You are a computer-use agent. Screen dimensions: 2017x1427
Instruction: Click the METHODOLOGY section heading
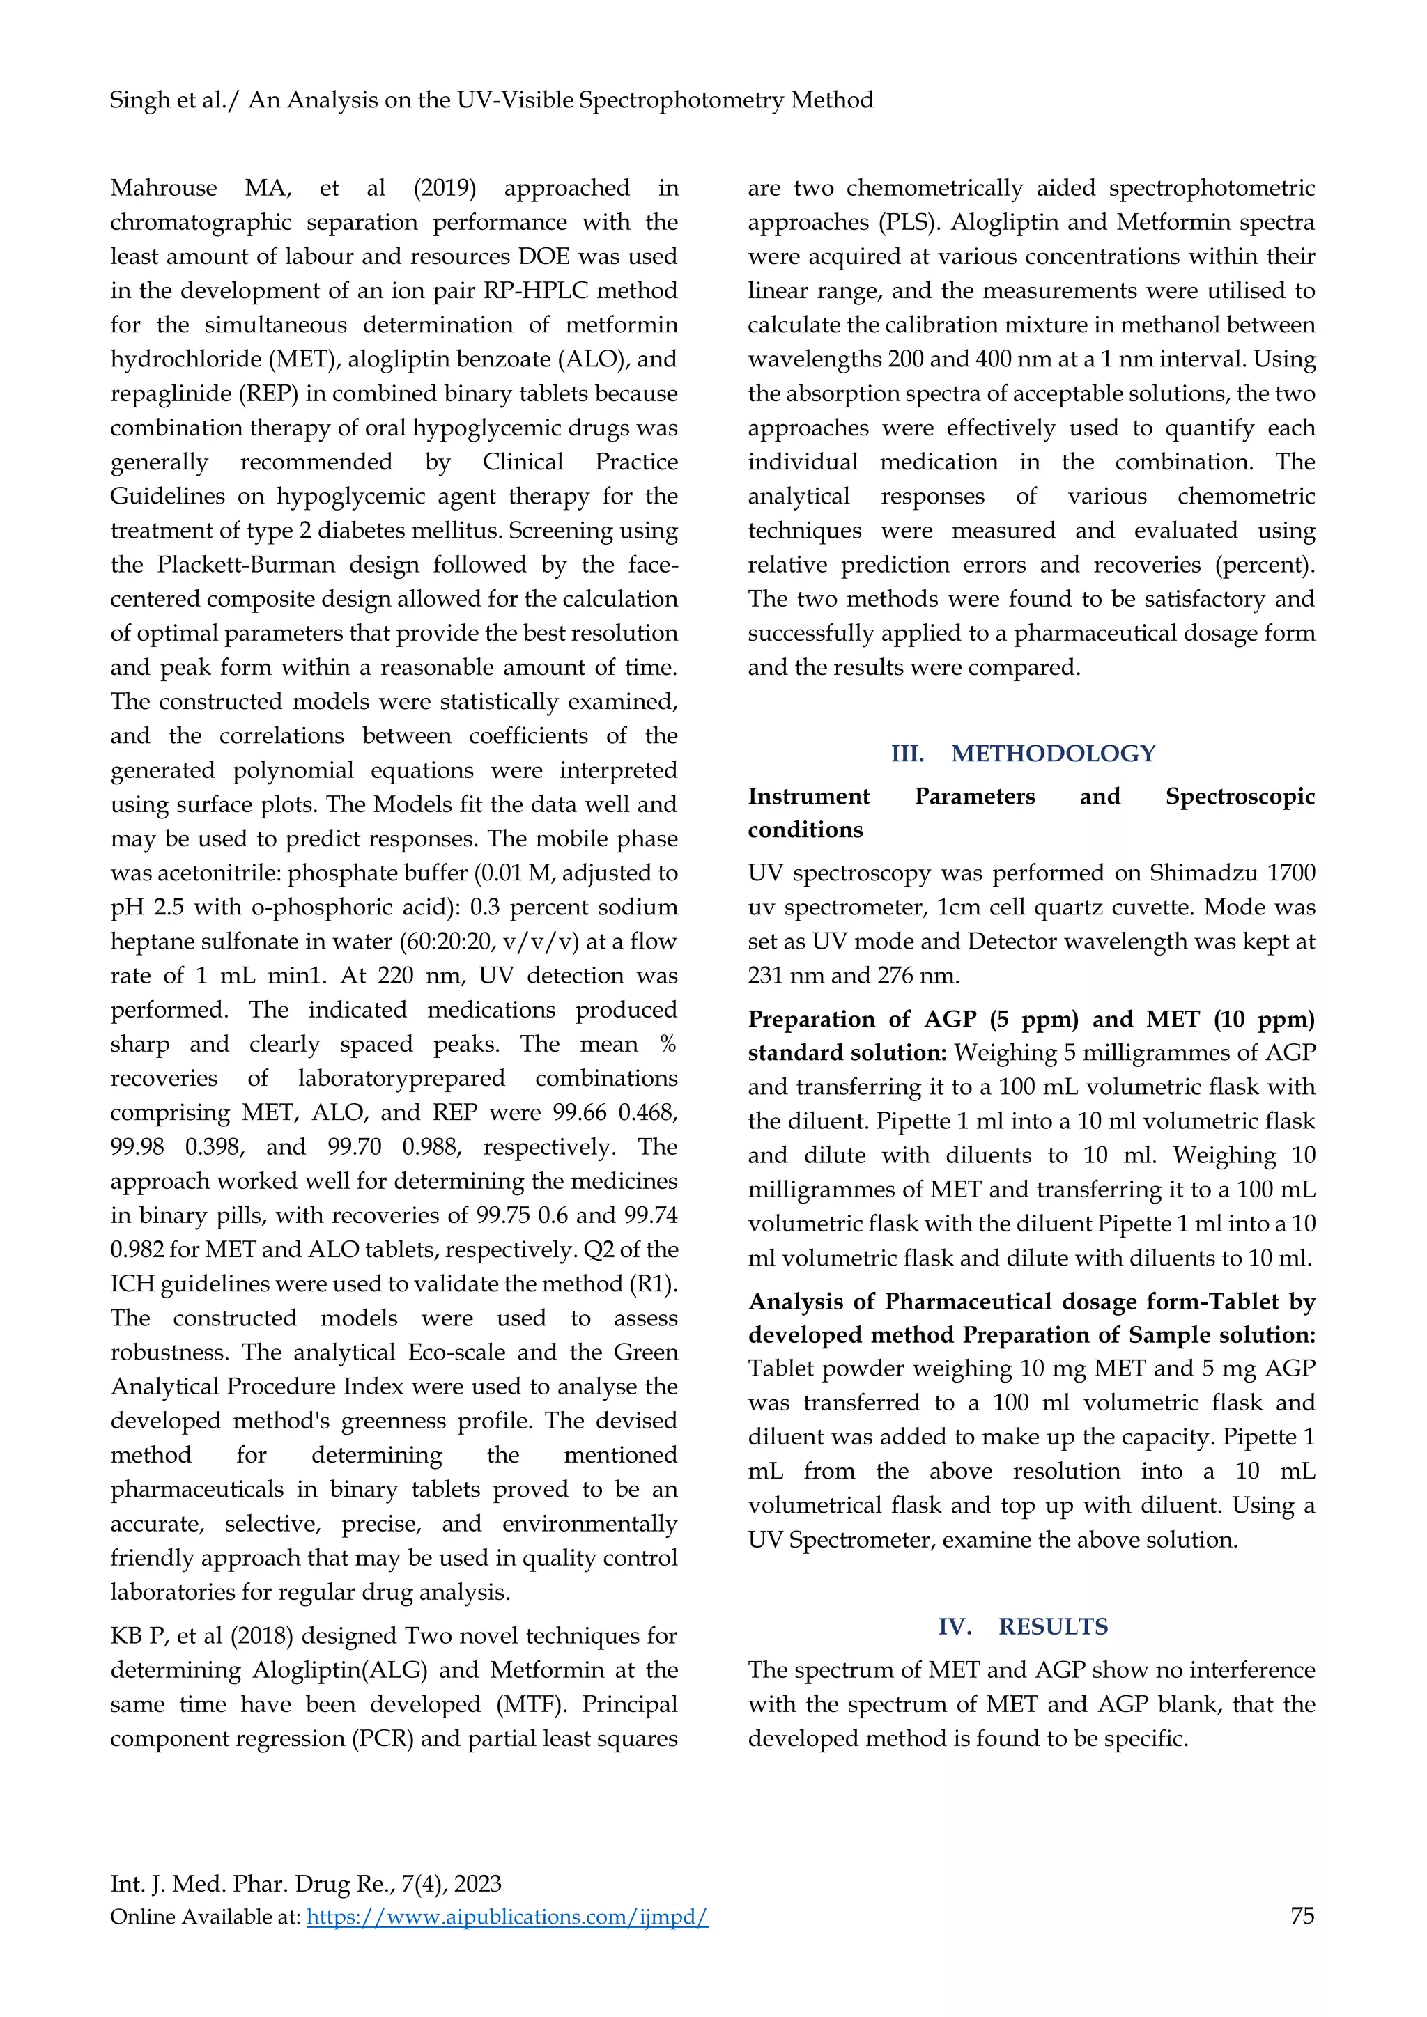(x=1053, y=753)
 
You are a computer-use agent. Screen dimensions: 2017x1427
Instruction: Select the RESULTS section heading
(x=1053, y=1626)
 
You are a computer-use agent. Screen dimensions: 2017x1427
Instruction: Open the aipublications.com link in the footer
(x=507, y=1917)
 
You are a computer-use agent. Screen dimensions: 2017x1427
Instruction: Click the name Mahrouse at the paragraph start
(x=164, y=188)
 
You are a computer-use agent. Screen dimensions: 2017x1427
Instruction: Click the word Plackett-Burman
(x=246, y=565)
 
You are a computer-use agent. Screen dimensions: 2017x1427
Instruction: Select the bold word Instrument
(x=808, y=797)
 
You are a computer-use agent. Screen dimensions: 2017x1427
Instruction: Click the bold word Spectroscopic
(x=1240, y=797)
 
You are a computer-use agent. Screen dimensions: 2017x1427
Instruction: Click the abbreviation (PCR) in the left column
(x=383, y=1738)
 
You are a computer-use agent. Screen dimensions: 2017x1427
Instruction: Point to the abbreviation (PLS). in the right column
(x=909, y=222)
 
